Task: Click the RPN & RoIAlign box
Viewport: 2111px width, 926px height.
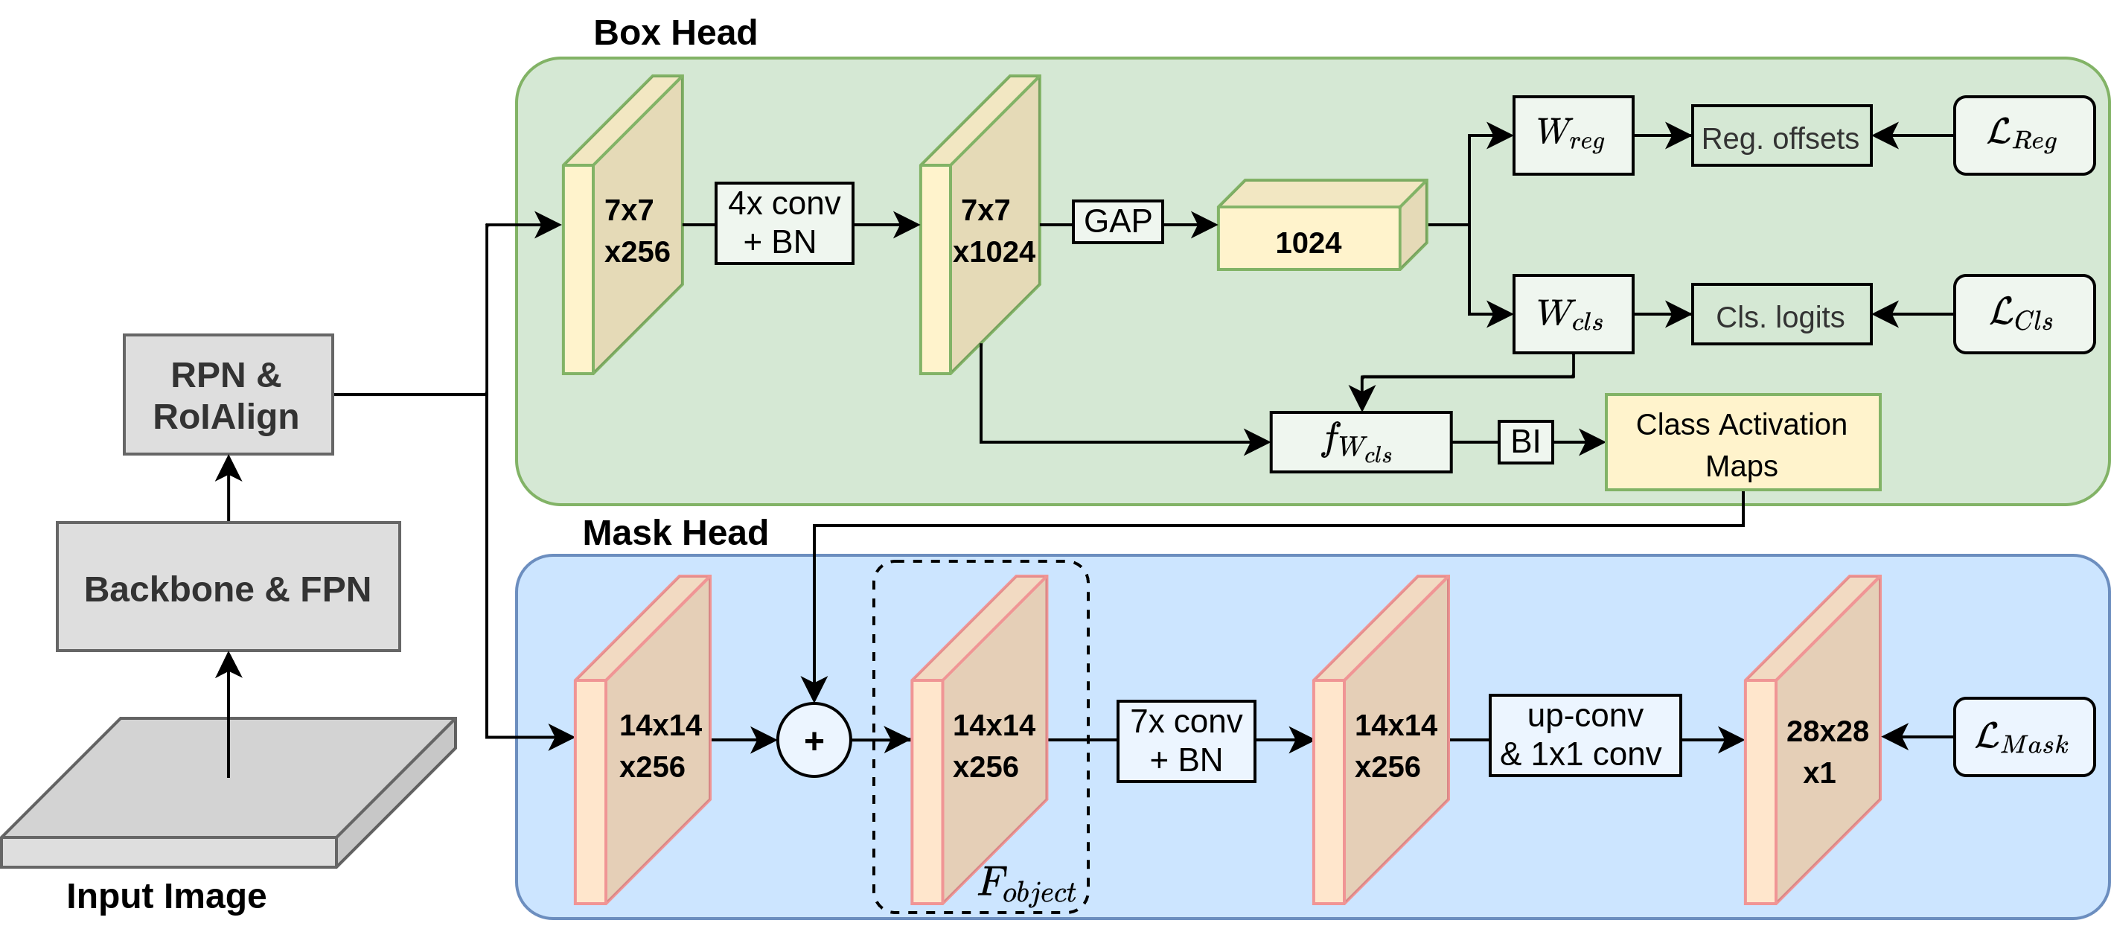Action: tap(228, 395)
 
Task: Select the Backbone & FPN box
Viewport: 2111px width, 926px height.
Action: tap(228, 587)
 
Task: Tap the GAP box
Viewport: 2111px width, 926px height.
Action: tap(1117, 221)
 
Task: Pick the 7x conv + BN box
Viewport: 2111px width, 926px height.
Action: tap(1186, 741)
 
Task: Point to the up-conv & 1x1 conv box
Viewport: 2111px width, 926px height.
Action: tap(1585, 735)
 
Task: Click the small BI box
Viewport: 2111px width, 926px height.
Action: tap(1525, 441)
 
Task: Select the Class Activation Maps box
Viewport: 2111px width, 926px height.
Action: tap(1743, 442)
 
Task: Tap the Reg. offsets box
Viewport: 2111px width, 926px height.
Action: tap(1781, 136)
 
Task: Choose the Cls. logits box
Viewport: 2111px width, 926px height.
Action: tap(1781, 315)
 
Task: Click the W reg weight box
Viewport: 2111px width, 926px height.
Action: tap(1573, 135)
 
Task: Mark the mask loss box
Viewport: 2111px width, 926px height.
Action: tap(2023, 737)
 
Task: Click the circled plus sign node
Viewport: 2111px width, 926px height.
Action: tap(814, 740)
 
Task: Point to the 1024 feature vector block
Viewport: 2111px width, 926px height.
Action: tap(1322, 226)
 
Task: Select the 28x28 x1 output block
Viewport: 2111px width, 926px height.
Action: tap(1812, 740)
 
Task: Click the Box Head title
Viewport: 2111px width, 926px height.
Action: tap(675, 33)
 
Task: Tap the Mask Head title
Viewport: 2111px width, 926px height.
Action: tap(675, 533)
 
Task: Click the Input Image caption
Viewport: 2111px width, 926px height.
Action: tap(166, 895)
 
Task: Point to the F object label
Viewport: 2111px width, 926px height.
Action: tap(1026, 885)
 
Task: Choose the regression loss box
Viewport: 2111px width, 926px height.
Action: tap(2023, 135)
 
